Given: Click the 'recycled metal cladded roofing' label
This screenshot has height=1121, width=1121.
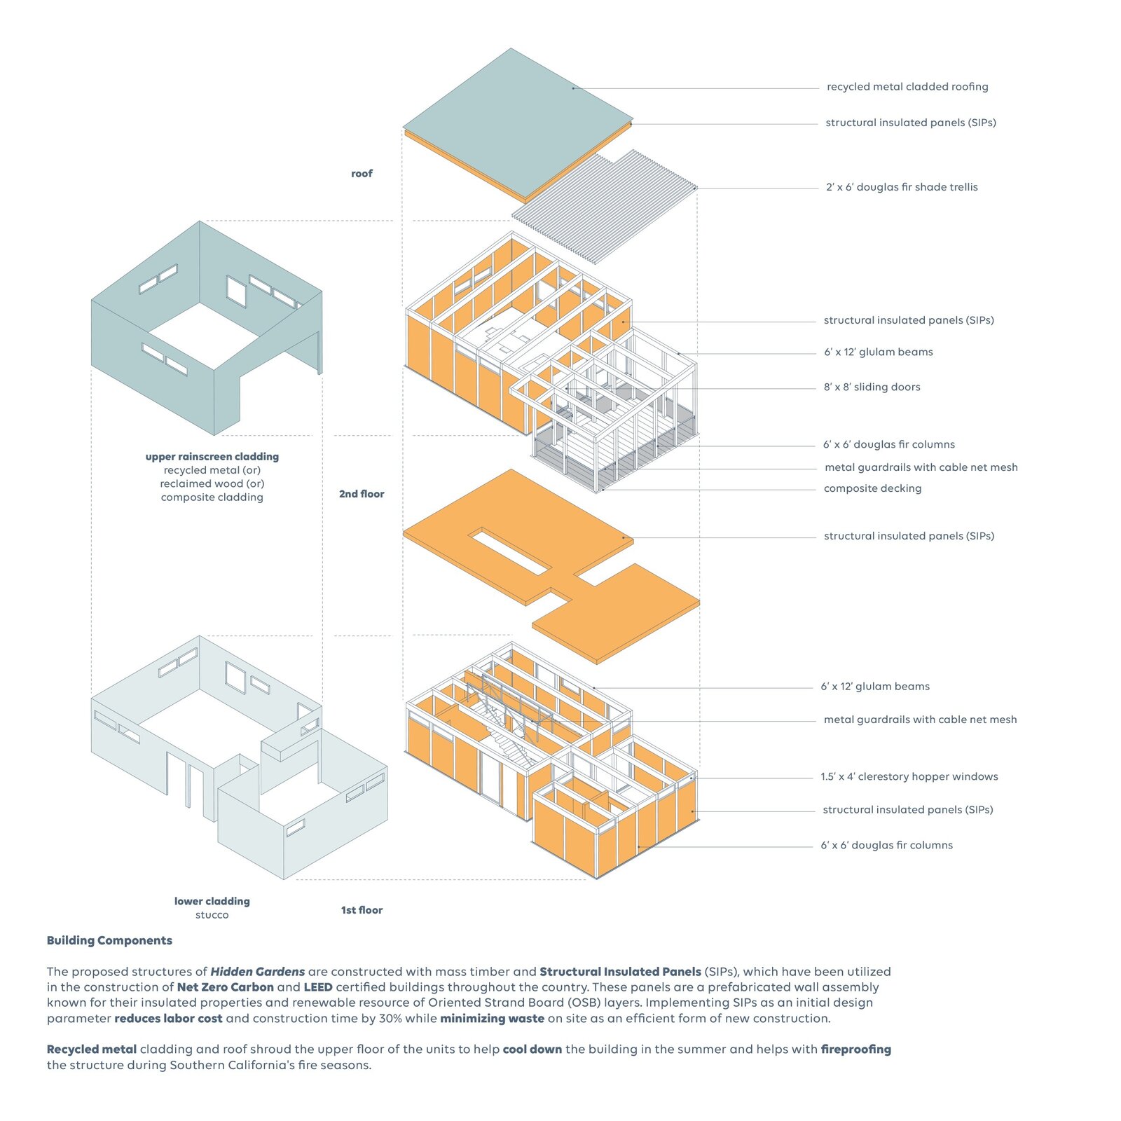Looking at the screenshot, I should point(907,87).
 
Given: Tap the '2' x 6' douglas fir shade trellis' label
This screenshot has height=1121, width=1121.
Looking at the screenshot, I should point(901,187).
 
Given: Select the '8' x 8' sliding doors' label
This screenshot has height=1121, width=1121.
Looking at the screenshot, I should point(872,387).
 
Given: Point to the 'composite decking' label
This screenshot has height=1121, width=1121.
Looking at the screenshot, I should point(872,488).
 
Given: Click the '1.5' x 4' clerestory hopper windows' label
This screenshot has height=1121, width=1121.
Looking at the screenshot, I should point(909,776).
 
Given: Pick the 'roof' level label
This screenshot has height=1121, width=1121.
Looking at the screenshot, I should point(362,174).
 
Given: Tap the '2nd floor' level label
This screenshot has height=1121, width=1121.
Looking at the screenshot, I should point(362,494).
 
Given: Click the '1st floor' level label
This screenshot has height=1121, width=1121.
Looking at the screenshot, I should point(362,910).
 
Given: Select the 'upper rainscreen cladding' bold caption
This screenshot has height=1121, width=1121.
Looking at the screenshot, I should point(212,457).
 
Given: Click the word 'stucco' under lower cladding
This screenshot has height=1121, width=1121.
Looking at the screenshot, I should point(212,915).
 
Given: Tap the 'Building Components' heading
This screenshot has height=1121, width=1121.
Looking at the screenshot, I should point(109,941).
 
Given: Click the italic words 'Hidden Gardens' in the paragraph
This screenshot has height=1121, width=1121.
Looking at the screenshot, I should point(257,972).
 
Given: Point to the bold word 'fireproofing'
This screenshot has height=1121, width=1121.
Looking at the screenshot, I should point(855,1050).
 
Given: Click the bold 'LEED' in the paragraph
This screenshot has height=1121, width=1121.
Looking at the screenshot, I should point(317,987).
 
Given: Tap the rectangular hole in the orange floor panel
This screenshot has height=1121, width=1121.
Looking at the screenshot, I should point(510,551).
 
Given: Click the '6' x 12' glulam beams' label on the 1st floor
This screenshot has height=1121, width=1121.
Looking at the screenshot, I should point(875,687).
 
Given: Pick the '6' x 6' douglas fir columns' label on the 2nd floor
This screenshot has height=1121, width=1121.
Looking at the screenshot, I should point(888,445).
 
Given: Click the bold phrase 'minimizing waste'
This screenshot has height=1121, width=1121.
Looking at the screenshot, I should point(492,1019).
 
